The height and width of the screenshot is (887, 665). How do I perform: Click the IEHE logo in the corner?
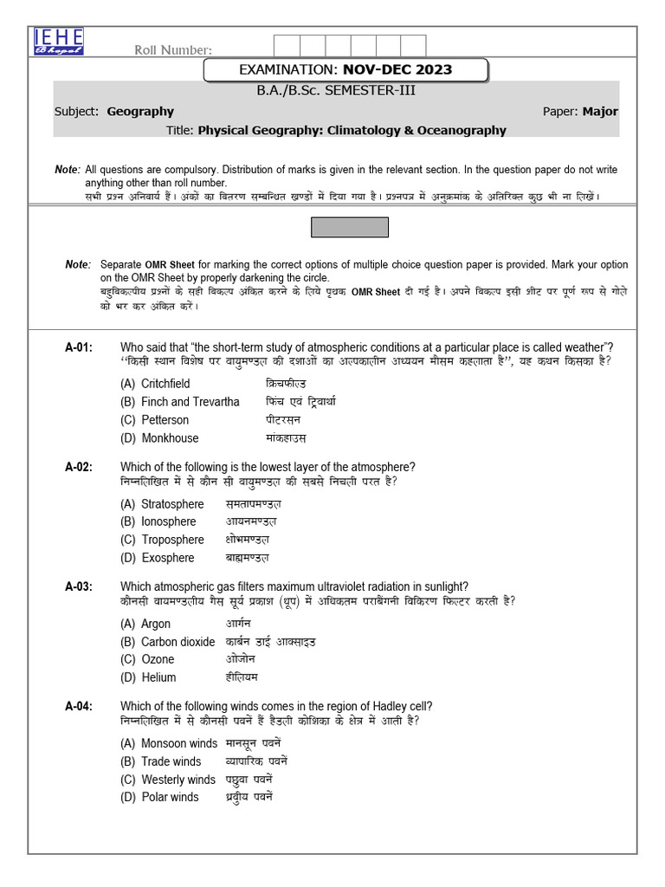(59, 41)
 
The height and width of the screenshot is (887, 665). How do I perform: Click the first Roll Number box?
(287, 47)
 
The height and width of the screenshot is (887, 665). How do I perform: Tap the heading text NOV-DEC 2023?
(397, 69)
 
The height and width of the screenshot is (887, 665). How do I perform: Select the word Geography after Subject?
(140, 111)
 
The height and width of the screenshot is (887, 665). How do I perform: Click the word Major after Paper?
(600, 111)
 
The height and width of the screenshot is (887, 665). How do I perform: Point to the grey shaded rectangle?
(350, 227)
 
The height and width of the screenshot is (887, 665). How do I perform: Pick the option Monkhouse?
(170, 438)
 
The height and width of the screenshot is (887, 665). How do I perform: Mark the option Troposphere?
(172, 540)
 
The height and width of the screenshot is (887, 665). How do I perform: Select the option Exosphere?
(167, 558)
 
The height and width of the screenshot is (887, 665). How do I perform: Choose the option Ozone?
(158, 659)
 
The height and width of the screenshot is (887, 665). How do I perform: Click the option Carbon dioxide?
(178, 642)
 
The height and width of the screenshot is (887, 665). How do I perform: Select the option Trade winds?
(171, 761)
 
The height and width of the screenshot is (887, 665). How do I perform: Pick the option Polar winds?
(170, 797)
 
